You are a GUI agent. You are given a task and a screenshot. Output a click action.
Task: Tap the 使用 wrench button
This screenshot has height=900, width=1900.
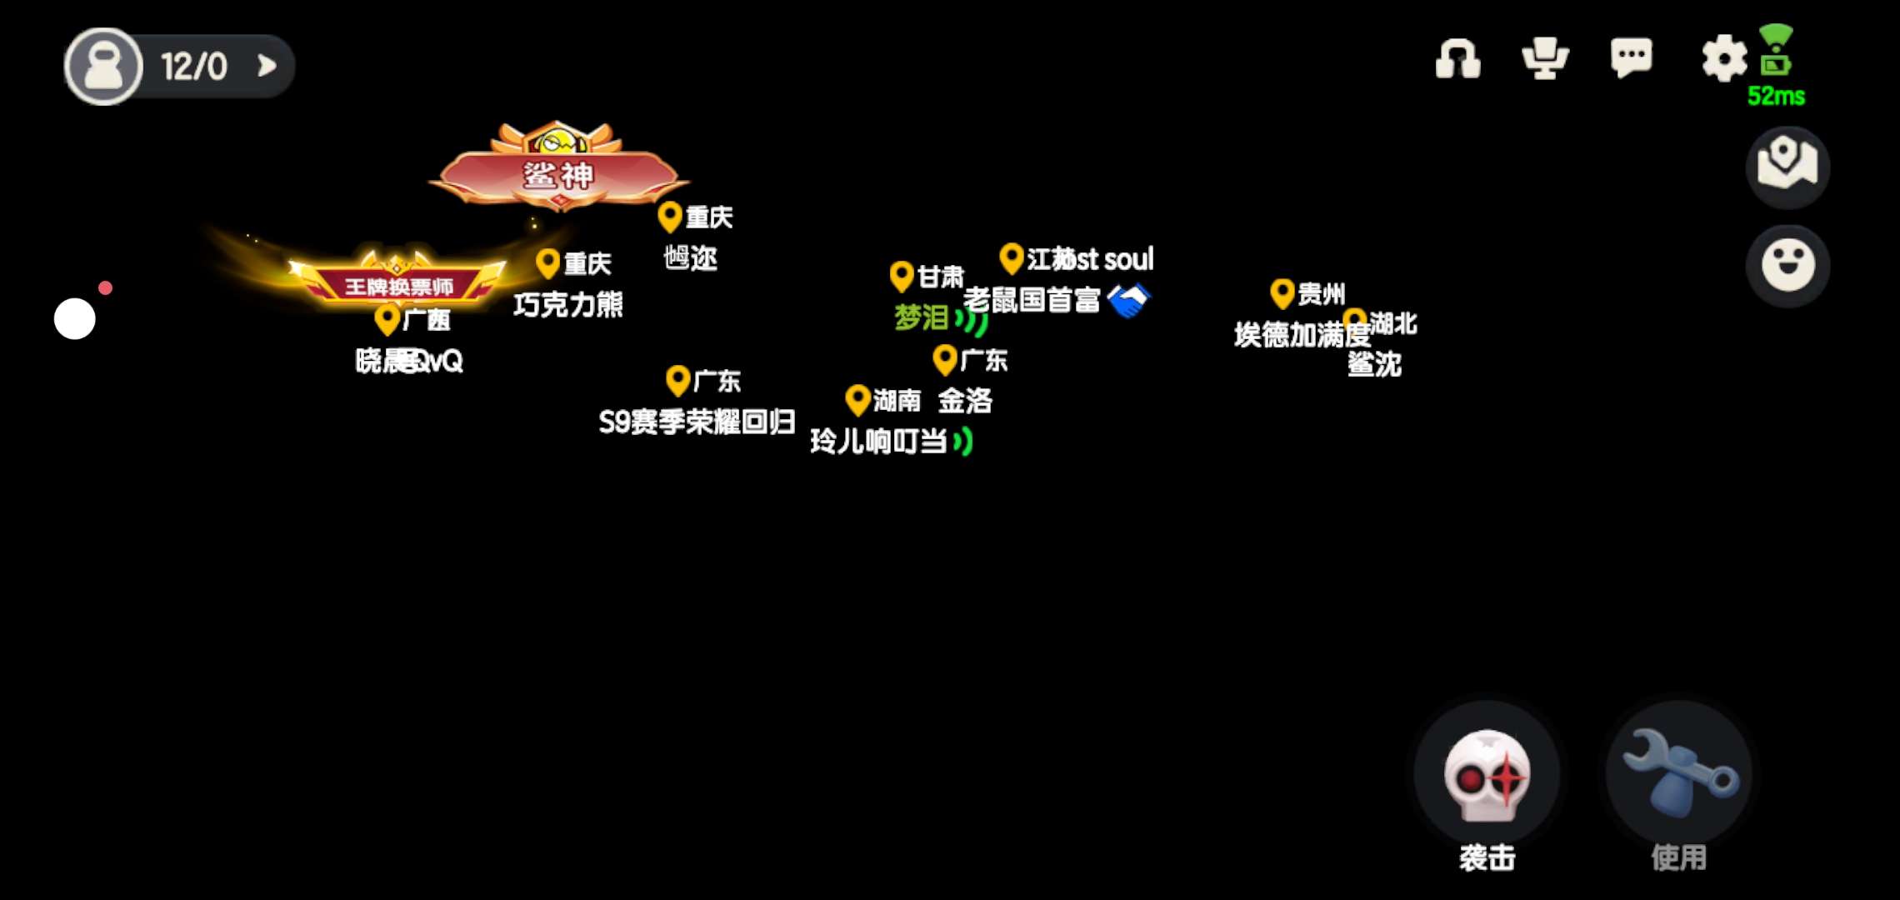click(x=1678, y=775)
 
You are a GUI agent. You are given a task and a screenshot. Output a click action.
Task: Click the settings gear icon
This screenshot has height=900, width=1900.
click(x=1723, y=58)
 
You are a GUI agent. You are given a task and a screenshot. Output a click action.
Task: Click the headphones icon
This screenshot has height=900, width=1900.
click(x=1457, y=59)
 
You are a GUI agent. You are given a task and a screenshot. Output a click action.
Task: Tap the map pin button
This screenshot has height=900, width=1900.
click(x=1787, y=166)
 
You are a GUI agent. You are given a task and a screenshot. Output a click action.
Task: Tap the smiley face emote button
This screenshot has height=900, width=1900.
click(x=1787, y=265)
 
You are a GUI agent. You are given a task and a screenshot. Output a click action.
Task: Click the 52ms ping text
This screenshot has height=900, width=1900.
click(x=1776, y=97)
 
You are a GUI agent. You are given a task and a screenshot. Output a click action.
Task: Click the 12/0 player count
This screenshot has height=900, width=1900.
click(x=193, y=67)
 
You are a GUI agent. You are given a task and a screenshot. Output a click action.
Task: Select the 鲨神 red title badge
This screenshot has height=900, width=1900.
click(x=558, y=174)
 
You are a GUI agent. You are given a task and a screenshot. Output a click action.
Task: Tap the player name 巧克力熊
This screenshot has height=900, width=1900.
click(x=568, y=305)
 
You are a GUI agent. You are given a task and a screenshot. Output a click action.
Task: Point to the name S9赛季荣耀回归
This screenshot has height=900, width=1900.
click(x=697, y=422)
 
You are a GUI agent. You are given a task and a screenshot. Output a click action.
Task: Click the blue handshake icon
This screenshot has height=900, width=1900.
click(x=1128, y=301)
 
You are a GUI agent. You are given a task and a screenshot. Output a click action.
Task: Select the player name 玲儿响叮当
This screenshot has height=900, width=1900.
click(x=878, y=442)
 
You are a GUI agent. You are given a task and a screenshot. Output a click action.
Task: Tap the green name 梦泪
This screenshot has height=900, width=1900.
click(x=921, y=317)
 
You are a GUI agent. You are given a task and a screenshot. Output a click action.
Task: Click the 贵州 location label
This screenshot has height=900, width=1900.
click(x=1320, y=294)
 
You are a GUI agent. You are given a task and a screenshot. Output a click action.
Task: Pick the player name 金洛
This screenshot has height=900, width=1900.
click(x=965, y=401)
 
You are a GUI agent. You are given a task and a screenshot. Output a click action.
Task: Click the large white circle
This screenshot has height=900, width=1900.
click(x=75, y=319)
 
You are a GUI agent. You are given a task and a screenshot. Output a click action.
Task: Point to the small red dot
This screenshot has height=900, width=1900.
click(x=105, y=288)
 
